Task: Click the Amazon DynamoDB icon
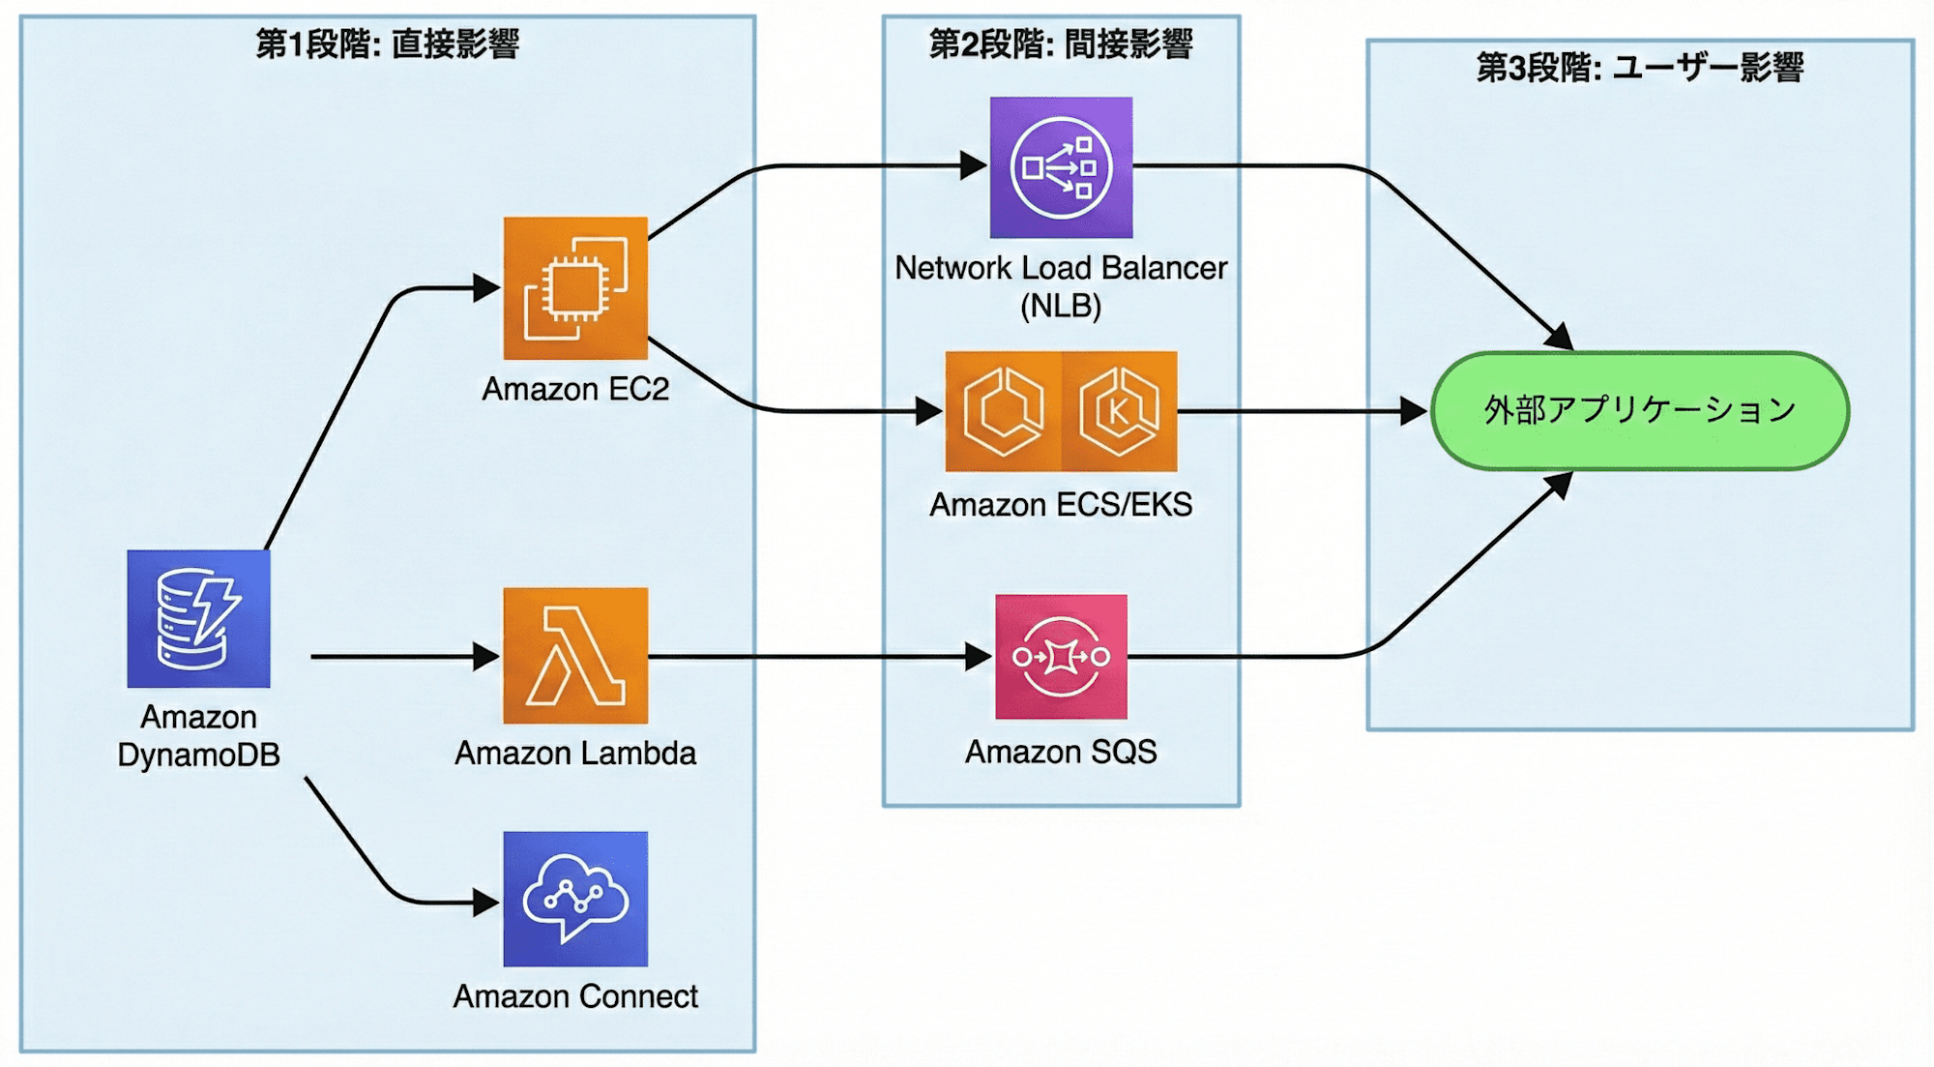click(x=198, y=619)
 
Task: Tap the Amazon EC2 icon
click(x=575, y=288)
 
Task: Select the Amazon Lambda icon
click(x=575, y=656)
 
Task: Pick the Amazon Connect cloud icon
click(x=575, y=899)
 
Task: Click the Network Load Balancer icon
click(x=1061, y=167)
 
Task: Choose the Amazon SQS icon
click(x=1061, y=657)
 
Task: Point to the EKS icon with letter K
click(x=1119, y=411)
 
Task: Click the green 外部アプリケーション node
click(x=1639, y=411)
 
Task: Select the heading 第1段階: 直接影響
click(x=387, y=44)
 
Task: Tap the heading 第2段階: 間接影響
click(x=1061, y=44)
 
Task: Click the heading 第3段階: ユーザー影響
click(x=1639, y=68)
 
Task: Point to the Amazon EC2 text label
click(x=575, y=389)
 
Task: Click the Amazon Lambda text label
click(x=575, y=753)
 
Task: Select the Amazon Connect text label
click(x=575, y=996)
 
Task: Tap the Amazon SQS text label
click(x=1061, y=752)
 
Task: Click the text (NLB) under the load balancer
click(x=1061, y=306)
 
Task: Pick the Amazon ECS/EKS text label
click(x=1061, y=505)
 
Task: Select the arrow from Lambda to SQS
click(x=822, y=657)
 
